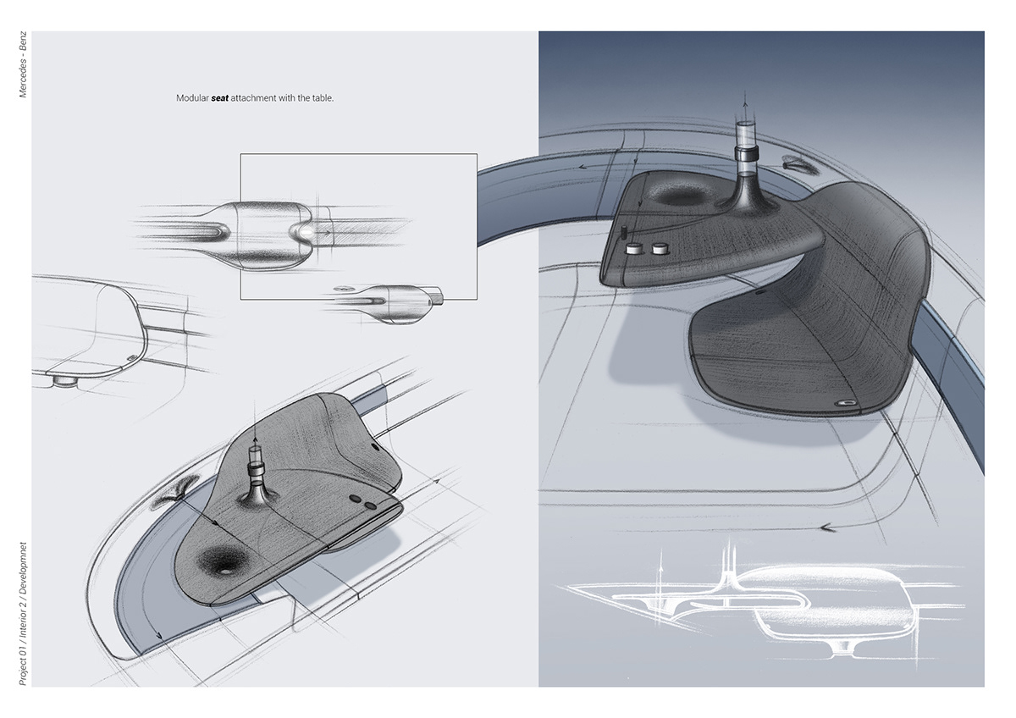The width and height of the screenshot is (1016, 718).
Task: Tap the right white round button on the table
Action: click(657, 249)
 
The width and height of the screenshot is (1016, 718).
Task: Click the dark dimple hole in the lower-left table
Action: click(223, 566)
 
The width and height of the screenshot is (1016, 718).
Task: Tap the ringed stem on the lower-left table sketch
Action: click(254, 471)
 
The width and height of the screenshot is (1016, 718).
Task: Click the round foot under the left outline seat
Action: click(61, 381)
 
